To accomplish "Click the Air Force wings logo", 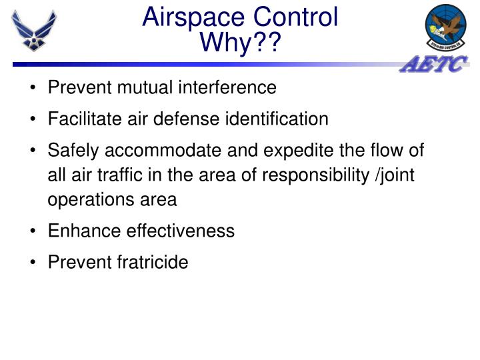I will click(x=33, y=30).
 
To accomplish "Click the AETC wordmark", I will click(x=435, y=65).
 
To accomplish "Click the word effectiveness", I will click(x=179, y=231).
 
